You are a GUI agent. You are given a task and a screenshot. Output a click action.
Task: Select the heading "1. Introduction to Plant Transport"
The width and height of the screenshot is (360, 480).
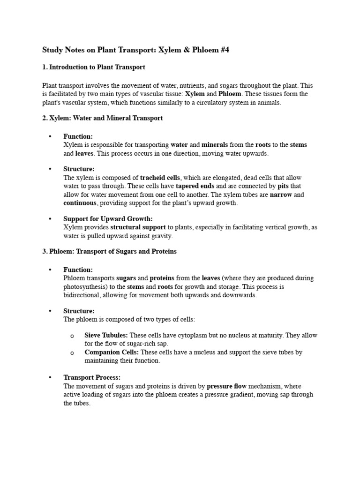pos(94,67)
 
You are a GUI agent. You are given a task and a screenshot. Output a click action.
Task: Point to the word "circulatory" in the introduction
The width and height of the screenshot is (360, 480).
pos(223,102)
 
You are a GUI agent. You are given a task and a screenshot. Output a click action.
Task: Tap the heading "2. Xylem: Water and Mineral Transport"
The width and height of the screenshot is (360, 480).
pos(103,118)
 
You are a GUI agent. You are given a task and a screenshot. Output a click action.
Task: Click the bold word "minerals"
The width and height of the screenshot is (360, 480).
pos(214,145)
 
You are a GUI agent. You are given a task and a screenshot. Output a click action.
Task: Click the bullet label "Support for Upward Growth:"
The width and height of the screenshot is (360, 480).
pos(108,219)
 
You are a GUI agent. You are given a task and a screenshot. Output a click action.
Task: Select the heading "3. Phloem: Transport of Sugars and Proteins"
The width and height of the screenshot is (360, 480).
pos(110,252)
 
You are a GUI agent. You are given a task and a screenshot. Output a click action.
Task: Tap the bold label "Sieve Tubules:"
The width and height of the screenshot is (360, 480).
pos(106,335)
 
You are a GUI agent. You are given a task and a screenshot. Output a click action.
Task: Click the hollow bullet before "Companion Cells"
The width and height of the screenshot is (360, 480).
pos(72,352)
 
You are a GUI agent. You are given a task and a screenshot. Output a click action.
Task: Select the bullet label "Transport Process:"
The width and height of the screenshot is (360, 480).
pos(92,377)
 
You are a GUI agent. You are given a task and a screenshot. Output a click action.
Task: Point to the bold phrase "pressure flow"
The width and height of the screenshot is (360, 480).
pos(227,386)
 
